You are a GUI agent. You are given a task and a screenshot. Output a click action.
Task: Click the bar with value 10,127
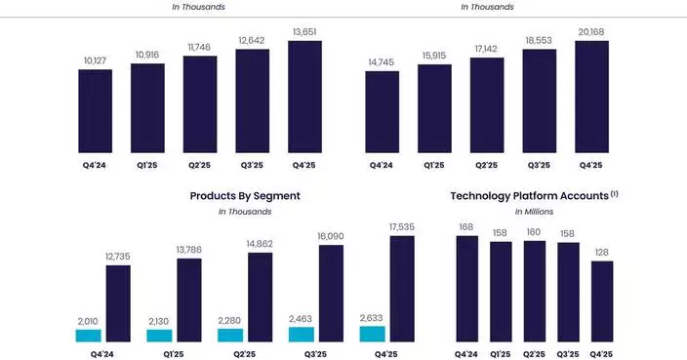[x=95, y=111]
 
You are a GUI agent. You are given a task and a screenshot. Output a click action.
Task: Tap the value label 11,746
[x=199, y=47]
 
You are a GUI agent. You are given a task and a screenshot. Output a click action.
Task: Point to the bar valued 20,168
[x=591, y=97]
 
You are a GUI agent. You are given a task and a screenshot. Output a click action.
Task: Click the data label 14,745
[x=382, y=62]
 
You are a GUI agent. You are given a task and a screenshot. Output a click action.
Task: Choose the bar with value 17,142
[x=486, y=104]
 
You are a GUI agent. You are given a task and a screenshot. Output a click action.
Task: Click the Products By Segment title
[x=245, y=196]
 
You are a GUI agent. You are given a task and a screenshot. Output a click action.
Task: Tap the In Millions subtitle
[x=535, y=211]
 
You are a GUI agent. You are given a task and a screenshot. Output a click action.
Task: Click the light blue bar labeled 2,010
[x=88, y=335]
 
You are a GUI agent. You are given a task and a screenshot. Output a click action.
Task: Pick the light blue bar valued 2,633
[x=373, y=333]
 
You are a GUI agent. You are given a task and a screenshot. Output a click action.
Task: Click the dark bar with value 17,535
[x=402, y=289]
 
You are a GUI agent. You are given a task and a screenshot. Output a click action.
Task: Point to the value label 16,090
[x=331, y=235]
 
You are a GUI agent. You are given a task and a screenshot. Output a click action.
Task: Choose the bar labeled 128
[x=602, y=300]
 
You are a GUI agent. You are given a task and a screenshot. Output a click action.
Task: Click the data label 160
[x=534, y=232]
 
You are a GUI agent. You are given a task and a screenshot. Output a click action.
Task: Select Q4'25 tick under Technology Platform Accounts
[x=602, y=353]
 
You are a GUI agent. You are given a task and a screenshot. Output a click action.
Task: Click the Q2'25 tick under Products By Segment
[x=245, y=353]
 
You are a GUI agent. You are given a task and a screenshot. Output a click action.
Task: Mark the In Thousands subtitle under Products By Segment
[x=245, y=211]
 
